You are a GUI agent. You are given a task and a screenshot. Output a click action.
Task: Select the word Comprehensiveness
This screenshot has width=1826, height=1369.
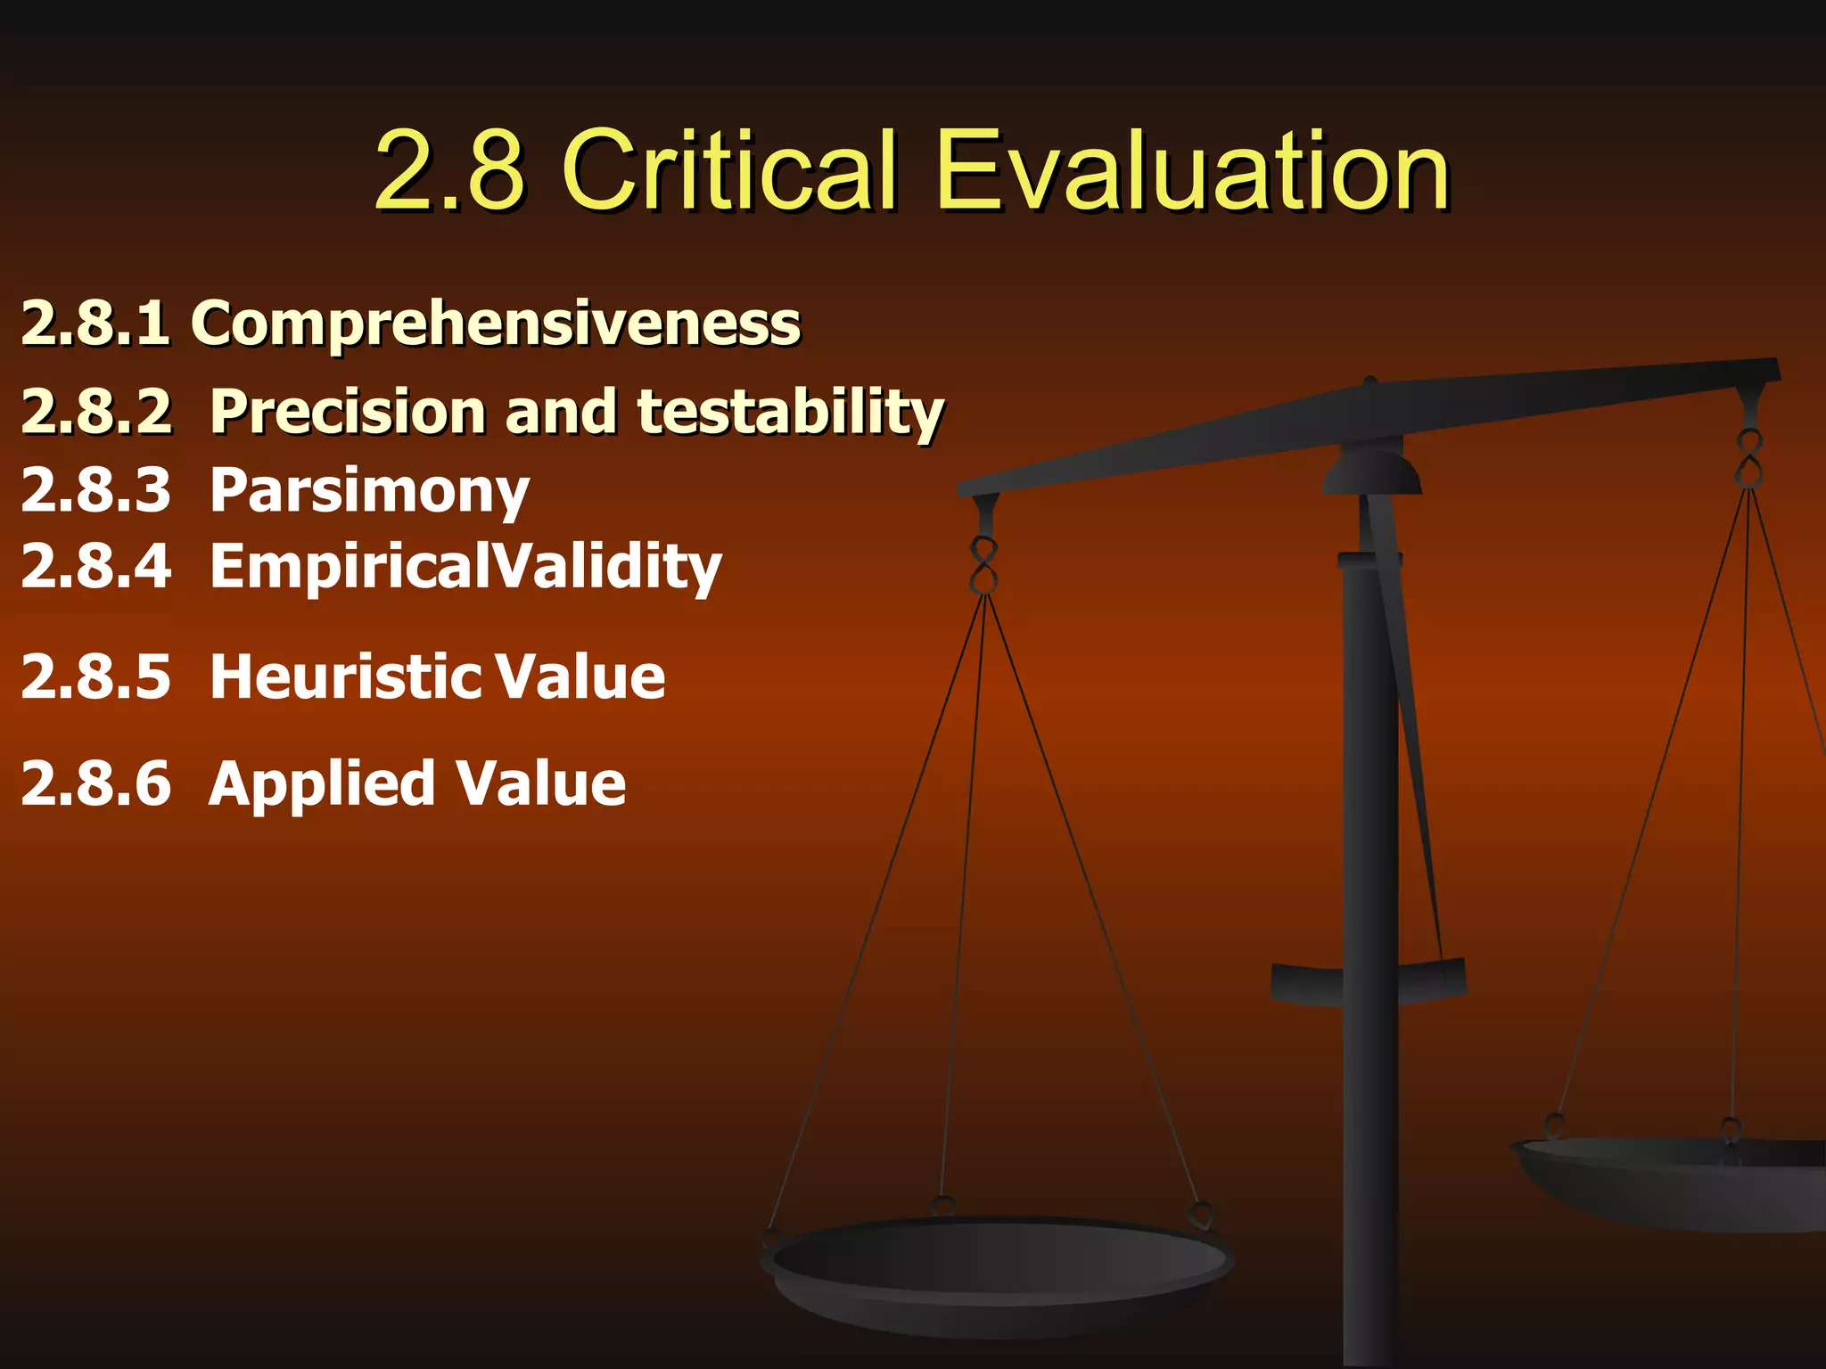pyautogui.click(x=496, y=323)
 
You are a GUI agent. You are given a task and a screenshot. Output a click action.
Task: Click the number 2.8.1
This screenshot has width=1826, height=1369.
pyautogui.click(x=95, y=323)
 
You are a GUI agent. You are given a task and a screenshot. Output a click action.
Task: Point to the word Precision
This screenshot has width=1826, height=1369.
pyautogui.click(x=348, y=412)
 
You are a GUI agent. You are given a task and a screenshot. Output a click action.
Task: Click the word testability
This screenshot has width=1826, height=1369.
pyautogui.click(x=790, y=412)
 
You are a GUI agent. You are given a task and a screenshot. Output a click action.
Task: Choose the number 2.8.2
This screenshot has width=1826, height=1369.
pyautogui.click(x=95, y=412)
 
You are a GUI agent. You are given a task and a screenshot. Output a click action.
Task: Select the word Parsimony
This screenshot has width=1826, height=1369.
pyautogui.click(x=369, y=491)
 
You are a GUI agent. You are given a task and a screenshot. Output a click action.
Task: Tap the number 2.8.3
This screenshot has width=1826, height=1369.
pyautogui.click(x=95, y=491)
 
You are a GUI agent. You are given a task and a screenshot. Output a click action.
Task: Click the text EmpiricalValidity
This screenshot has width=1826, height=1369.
pyautogui.click(x=465, y=567)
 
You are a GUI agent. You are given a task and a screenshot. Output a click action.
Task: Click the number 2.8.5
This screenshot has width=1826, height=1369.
pyautogui.click(x=95, y=676)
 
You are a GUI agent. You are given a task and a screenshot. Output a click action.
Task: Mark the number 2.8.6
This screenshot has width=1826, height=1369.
pyautogui.click(x=95, y=783)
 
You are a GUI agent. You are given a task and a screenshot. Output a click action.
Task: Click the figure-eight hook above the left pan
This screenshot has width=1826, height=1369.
pyautogui.click(x=983, y=565)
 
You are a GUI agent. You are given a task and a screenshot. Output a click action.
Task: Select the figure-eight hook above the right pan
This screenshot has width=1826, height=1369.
pyautogui.click(x=1748, y=458)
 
